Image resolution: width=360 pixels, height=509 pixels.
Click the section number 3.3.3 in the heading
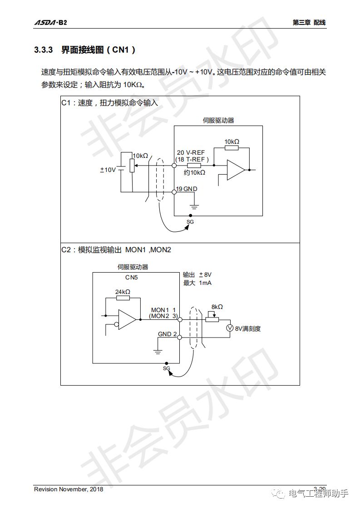point(44,50)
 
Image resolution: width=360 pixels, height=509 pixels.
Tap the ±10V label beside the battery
point(108,170)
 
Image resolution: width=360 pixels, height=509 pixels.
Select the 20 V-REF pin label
point(191,153)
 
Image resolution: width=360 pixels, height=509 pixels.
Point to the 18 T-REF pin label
point(192,159)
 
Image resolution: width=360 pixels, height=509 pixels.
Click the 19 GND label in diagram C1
point(187,189)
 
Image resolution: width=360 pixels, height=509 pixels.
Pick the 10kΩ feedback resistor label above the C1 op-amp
point(232,142)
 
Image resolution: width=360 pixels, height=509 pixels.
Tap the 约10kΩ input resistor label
point(194,173)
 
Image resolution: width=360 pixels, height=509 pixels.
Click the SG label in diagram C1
point(190,221)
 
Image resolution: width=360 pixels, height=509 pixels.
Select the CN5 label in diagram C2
point(132,277)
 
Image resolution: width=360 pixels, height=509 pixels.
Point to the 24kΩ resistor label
point(123,292)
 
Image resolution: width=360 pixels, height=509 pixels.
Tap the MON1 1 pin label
point(163,310)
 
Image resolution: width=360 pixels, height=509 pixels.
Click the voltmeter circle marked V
point(230,328)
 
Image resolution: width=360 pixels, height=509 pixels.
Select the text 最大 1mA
point(197,283)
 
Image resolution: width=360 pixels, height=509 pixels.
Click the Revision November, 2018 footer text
point(69,489)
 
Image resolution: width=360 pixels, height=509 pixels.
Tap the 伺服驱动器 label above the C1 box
point(218,121)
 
